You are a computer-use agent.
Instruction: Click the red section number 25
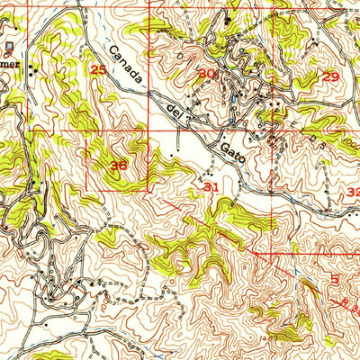[99, 69]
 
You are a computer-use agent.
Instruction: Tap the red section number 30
[207, 74]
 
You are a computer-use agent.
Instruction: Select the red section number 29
[331, 77]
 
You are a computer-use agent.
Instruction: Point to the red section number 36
[119, 166]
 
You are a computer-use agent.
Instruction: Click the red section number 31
[211, 187]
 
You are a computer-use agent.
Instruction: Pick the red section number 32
[353, 193]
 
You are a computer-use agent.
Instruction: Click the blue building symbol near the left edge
[9, 44]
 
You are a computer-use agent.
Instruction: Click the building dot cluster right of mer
[33, 67]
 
